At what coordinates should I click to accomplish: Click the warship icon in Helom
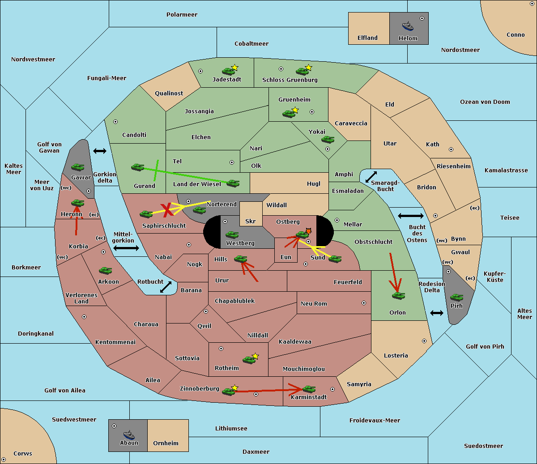point(408,26)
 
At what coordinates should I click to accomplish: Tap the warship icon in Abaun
point(129,434)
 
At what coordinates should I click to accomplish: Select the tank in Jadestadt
point(229,71)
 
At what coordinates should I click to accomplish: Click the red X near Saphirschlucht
point(167,210)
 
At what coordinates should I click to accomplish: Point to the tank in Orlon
point(398,296)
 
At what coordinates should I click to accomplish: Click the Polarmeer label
point(182,15)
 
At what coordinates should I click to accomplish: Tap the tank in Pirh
point(456,297)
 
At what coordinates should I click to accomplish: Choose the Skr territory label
point(251,221)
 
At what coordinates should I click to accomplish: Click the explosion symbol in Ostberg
point(308,231)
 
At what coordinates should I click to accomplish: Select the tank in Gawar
point(78,167)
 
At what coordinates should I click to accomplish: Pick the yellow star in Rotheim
point(256,356)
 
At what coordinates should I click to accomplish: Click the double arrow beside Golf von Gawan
point(100,151)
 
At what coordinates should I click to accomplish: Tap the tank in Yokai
point(328,140)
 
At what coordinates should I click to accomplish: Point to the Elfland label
point(367,38)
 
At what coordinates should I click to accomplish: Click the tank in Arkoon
point(105,271)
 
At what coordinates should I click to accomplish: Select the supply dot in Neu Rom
point(364,303)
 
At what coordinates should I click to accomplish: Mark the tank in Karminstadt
point(309,389)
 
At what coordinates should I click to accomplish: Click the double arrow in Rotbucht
point(166,287)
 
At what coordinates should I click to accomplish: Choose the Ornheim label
point(166,443)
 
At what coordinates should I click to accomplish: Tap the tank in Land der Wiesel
point(233,183)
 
